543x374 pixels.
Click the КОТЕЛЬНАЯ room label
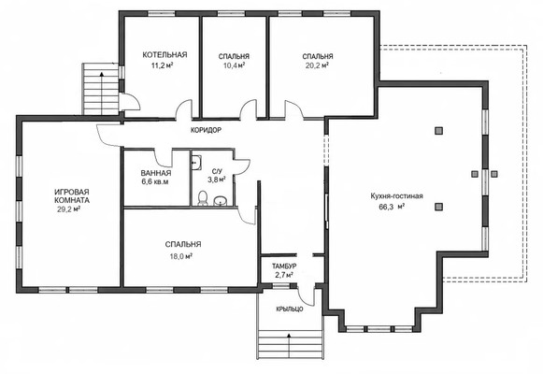coord(164,55)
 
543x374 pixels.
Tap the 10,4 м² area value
coord(234,65)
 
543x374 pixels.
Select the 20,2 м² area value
coord(317,65)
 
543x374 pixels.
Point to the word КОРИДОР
coord(206,131)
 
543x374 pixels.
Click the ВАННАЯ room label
coord(156,173)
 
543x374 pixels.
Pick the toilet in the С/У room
coord(203,198)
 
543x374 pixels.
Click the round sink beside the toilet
coord(220,200)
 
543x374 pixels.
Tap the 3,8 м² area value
coord(217,180)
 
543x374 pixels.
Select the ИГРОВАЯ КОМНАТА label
coord(72,196)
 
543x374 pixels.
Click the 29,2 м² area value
coord(69,209)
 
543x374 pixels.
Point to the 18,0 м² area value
coord(179,256)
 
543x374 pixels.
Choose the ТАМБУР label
coord(284,266)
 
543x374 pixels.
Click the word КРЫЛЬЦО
coord(290,309)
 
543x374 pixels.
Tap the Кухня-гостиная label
coord(397,196)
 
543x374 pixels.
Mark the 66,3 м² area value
coord(393,207)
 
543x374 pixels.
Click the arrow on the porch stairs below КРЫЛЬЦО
coord(289,345)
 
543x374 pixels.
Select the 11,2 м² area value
coord(162,65)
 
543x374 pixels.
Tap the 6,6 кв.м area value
coord(155,181)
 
